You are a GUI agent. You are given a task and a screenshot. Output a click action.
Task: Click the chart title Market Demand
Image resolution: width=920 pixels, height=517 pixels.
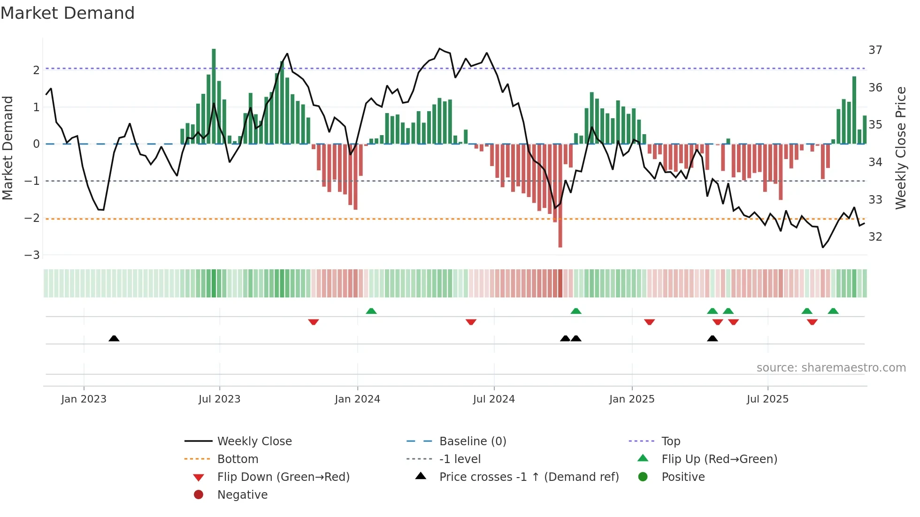click(68, 13)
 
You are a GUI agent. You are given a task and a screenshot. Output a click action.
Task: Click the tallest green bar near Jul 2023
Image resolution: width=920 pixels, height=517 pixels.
click(214, 96)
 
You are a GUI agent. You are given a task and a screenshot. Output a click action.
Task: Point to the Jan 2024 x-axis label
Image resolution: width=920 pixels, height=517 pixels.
click(357, 399)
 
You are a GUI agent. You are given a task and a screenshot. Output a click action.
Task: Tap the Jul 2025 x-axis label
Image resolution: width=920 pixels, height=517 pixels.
click(767, 399)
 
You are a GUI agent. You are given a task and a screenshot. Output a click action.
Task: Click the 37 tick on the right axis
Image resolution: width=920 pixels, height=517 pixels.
click(875, 50)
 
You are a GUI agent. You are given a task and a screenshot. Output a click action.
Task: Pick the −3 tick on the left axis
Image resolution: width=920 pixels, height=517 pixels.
click(32, 255)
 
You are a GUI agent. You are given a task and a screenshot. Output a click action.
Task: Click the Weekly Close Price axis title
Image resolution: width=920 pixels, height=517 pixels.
click(900, 148)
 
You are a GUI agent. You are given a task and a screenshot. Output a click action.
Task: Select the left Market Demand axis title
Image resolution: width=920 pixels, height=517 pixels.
click(8, 148)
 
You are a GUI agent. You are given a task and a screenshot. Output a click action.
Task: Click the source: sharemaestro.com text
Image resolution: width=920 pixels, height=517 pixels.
click(831, 368)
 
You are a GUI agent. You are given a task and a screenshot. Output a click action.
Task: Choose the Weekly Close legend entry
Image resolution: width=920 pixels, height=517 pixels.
click(254, 441)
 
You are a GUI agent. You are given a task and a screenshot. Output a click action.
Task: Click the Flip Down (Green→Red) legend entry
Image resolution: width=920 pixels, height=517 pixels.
click(283, 477)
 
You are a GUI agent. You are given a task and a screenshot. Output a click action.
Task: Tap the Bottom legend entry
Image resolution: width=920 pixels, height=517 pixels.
click(238, 459)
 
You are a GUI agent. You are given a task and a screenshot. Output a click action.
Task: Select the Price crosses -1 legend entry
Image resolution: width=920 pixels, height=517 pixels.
click(529, 477)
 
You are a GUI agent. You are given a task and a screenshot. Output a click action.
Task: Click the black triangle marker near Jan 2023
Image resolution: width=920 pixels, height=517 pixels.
click(114, 338)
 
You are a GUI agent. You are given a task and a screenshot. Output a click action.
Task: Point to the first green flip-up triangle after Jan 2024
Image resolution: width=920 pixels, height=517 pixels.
click(371, 311)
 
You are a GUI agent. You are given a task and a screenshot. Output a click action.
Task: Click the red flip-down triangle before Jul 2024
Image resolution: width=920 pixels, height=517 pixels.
click(471, 322)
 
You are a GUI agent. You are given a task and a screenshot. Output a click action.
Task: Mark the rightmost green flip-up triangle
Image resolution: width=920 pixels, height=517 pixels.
click(833, 311)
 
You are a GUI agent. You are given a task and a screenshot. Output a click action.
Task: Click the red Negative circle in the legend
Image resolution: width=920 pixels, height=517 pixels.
click(199, 495)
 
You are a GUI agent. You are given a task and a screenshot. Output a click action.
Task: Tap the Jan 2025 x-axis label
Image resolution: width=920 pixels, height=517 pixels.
click(632, 399)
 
